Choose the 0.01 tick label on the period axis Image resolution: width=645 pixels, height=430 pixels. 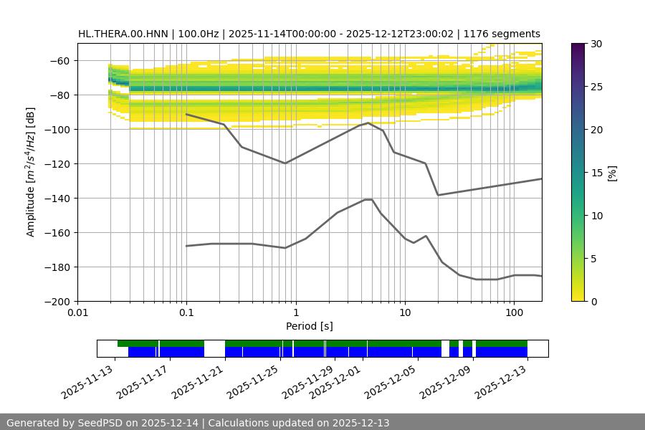point(77,313)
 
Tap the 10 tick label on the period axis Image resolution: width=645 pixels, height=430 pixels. point(405,313)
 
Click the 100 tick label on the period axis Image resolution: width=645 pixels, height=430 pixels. point(514,313)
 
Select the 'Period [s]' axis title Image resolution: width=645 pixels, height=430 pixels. point(310,326)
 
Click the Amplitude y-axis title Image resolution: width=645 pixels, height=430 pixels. point(30,172)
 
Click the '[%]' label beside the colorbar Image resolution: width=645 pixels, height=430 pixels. point(612,173)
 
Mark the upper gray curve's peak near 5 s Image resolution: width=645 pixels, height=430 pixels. point(368,123)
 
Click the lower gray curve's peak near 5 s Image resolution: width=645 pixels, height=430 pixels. point(368,199)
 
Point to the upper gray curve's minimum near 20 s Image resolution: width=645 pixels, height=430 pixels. point(438,195)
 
